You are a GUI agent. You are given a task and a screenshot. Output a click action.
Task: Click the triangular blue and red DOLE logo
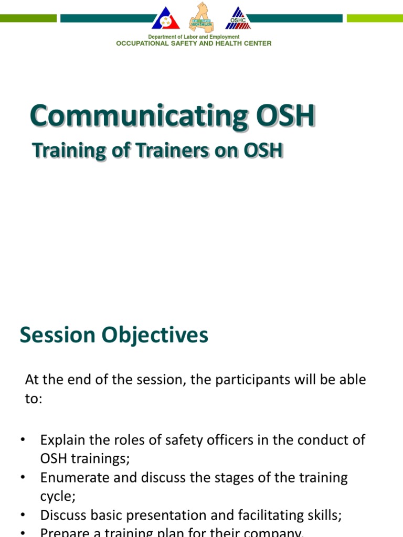pyautogui.click(x=165, y=19)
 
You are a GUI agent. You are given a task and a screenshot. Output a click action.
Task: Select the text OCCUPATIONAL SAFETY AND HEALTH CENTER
pyautogui.click(x=194, y=44)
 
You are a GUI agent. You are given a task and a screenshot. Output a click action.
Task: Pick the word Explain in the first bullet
pyautogui.click(x=60, y=439)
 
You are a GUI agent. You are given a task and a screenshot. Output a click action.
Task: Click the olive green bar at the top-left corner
pyautogui.click(x=28, y=18)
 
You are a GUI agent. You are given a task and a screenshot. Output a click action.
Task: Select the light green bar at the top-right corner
pyautogui.click(x=375, y=18)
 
